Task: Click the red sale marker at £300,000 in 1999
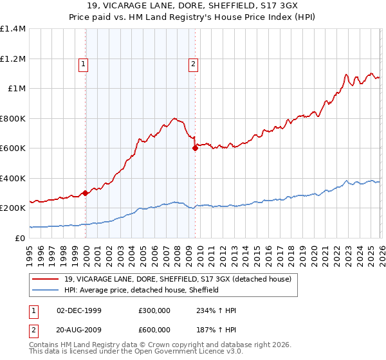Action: point(86,193)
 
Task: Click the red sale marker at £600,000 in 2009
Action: point(195,148)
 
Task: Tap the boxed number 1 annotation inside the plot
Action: point(84,64)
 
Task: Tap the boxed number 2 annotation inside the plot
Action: point(193,64)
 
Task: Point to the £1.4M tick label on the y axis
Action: point(13,29)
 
